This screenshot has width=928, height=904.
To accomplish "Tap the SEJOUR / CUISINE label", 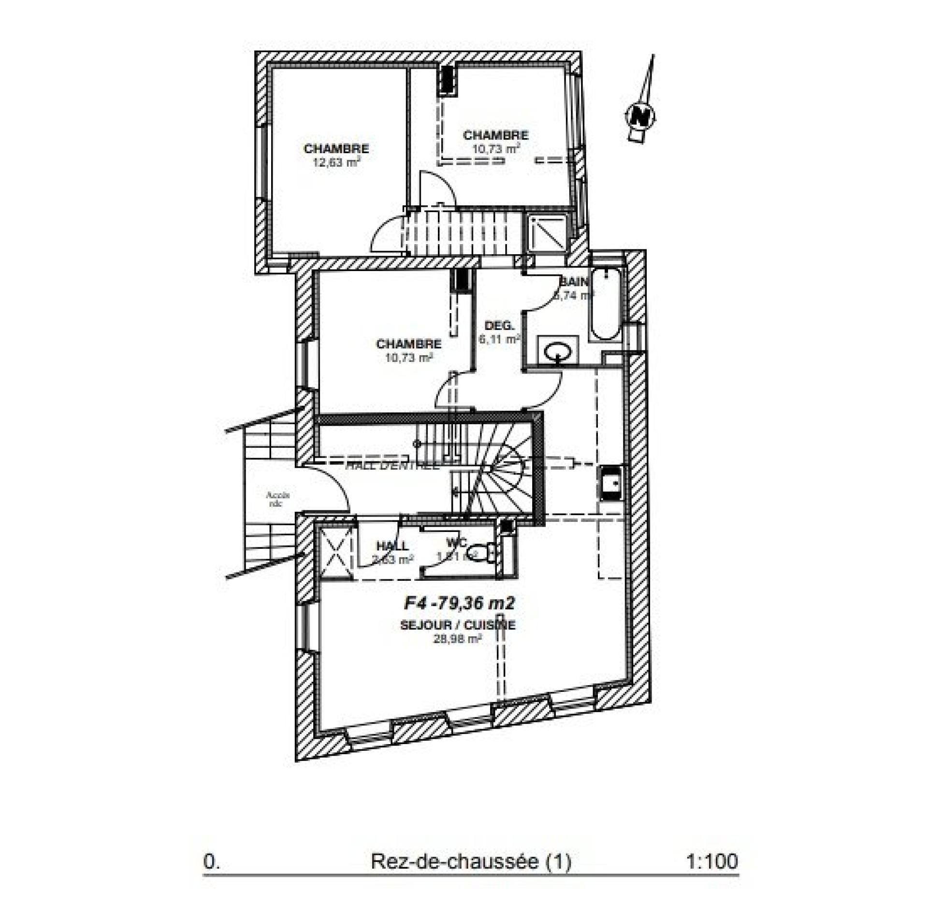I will [x=458, y=625].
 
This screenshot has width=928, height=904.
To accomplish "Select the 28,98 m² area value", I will [x=458, y=639].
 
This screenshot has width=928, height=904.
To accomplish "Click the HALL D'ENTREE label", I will [x=392, y=466].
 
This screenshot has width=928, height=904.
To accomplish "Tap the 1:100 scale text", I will [x=712, y=861].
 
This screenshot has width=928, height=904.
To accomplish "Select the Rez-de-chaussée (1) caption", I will [x=471, y=861].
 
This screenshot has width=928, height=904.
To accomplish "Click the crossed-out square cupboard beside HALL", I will [x=337, y=551].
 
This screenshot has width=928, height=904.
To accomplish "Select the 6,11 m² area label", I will [x=499, y=339].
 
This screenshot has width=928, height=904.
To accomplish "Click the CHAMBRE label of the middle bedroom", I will [x=408, y=344].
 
